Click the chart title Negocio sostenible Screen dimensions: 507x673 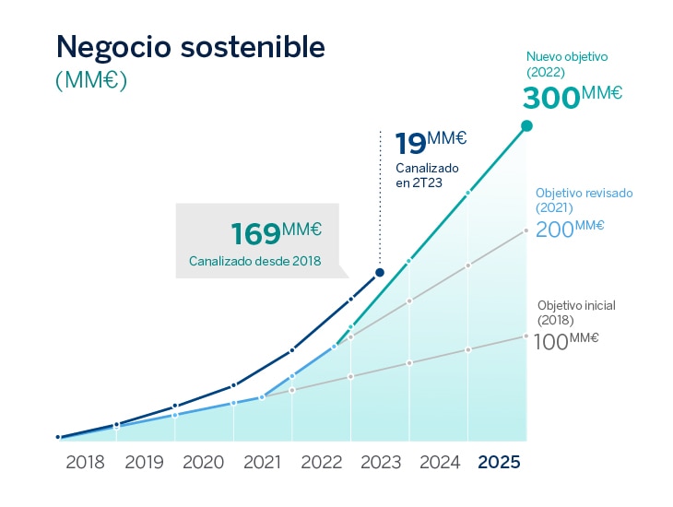pyautogui.click(x=191, y=48)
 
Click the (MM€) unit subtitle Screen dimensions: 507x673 pyautogui.click(x=91, y=80)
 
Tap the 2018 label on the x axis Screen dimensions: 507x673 pyautogui.click(x=86, y=463)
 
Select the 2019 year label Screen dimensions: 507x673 pyautogui.click(x=145, y=463)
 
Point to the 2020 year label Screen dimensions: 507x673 pyautogui.click(x=204, y=463)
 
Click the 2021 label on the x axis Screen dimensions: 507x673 pyautogui.click(x=263, y=463)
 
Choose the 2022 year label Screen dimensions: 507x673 pyautogui.click(x=322, y=463)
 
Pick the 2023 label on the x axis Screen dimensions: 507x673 pyautogui.click(x=380, y=463)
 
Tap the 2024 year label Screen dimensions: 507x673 pyautogui.click(x=439, y=463)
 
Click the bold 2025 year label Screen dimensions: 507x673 pyautogui.click(x=499, y=463)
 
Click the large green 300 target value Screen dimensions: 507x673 pyautogui.click(x=552, y=98)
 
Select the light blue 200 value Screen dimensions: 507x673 pyautogui.click(x=555, y=230)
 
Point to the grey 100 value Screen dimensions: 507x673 pyautogui.click(x=550, y=342)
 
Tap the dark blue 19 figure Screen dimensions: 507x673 pyautogui.click(x=411, y=145)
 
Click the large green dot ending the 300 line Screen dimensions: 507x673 pyautogui.click(x=526, y=125)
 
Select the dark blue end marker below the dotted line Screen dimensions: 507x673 pyautogui.click(x=380, y=272)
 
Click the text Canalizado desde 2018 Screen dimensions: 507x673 pyautogui.click(x=255, y=261)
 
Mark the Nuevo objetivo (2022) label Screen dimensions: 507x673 pyautogui.click(x=567, y=64)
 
